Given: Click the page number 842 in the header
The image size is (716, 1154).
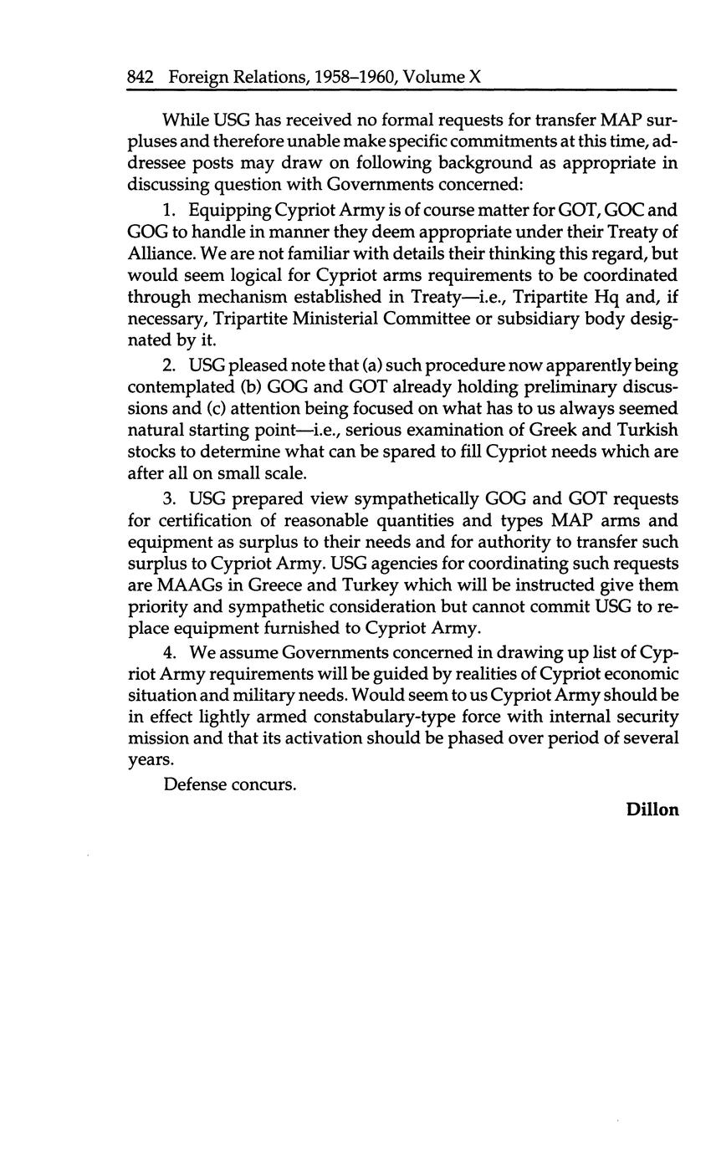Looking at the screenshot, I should click(x=140, y=78).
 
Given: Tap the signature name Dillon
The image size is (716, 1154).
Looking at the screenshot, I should click(x=652, y=809).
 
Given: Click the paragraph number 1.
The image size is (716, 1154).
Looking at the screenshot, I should click(x=169, y=211).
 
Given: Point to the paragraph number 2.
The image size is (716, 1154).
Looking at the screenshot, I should click(x=169, y=366).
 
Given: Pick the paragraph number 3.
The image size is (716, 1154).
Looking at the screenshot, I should click(x=169, y=499).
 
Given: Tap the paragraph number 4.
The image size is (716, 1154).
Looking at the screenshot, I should click(x=169, y=652).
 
